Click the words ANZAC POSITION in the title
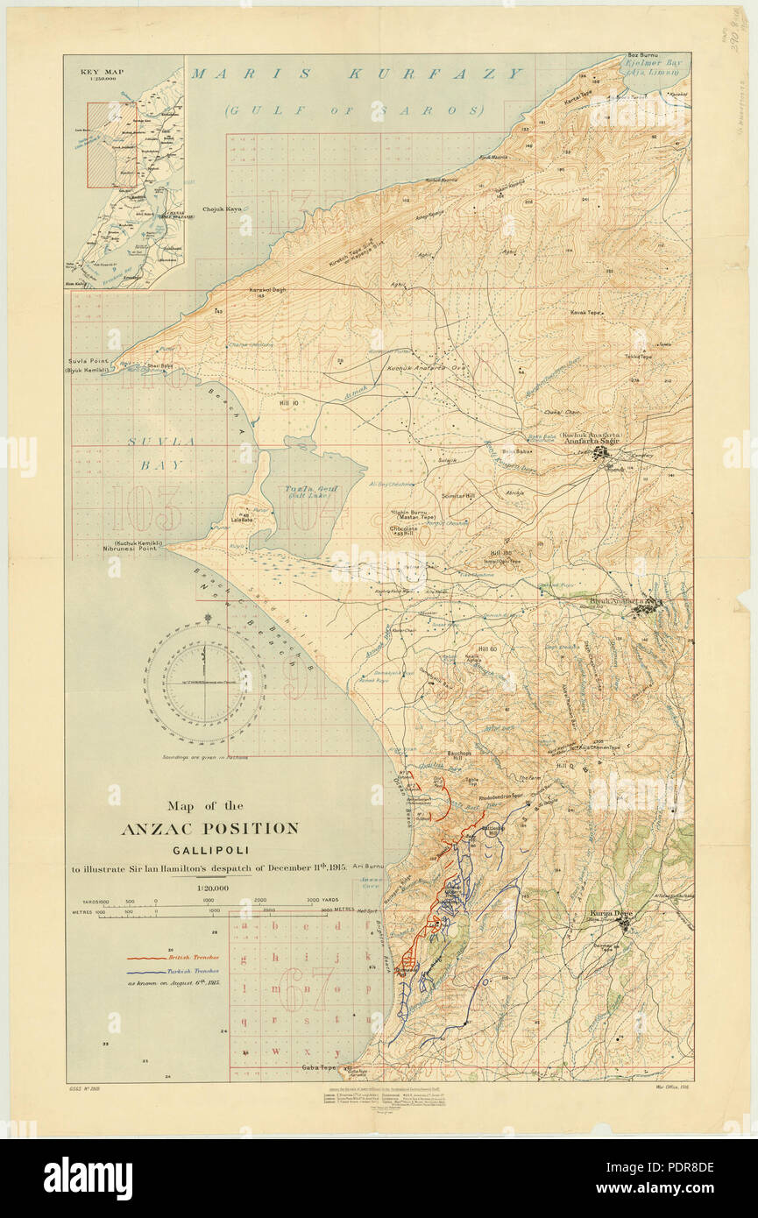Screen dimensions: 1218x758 [x=210, y=828]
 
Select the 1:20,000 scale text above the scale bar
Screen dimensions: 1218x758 [x=210, y=888]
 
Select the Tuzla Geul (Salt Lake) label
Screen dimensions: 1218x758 [x=308, y=490]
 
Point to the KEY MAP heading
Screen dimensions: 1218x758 [x=99, y=74]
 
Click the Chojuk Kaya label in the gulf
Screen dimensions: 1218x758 [x=222, y=209]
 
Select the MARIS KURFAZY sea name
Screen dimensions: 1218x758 [x=358, y=74]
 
